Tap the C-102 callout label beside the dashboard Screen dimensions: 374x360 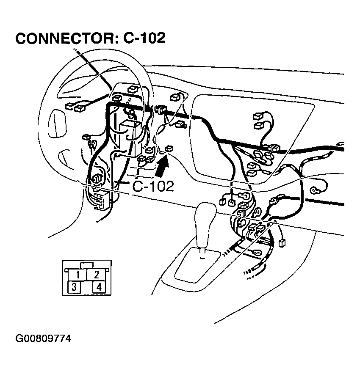pos(153,186)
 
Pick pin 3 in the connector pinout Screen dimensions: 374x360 pos(74,287)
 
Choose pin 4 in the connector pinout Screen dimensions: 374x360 pos(99,287)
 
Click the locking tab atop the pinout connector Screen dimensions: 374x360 pos(87,265)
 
